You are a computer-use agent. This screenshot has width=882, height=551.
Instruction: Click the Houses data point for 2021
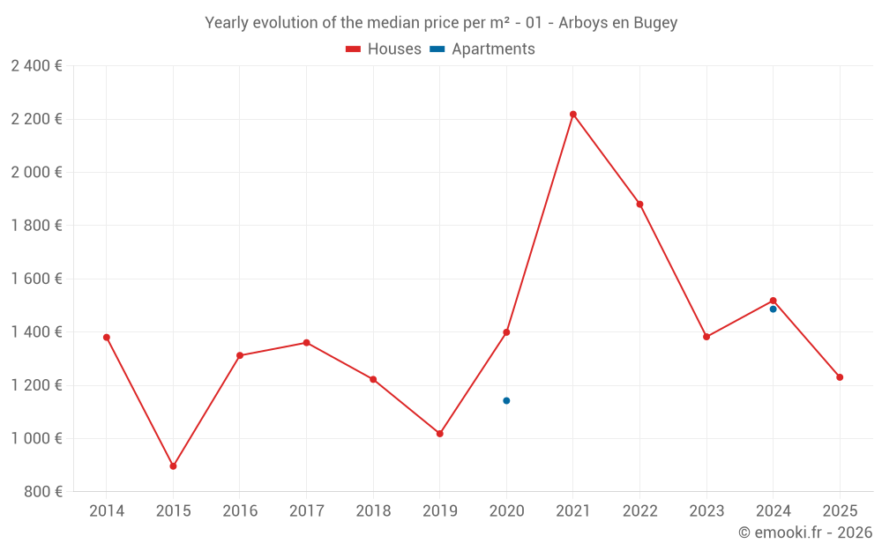(573, 115)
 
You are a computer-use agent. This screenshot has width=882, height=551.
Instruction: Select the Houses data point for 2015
(173, 466)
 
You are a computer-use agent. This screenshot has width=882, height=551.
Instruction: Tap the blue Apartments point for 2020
(506, 401)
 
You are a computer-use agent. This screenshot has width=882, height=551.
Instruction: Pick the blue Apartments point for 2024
(774, 309)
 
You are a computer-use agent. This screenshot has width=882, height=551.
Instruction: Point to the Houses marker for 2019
(440, 434)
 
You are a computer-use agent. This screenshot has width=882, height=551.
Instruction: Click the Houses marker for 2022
(639, 205)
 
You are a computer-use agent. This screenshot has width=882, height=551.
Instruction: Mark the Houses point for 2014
(107, 338)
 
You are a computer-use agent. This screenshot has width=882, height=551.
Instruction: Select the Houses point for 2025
(840, 377)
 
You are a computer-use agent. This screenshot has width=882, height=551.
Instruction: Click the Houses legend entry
(384, 49)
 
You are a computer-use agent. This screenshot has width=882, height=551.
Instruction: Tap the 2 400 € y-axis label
(36, 66)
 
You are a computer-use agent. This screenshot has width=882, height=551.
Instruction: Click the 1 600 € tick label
(36, 279)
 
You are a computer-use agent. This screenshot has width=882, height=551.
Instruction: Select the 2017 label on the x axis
(306, 511)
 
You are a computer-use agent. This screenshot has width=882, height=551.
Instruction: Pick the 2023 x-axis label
(706, 511)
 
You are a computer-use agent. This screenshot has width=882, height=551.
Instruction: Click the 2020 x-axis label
(506, 511)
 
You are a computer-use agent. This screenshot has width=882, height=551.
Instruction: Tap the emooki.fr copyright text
(805, 532)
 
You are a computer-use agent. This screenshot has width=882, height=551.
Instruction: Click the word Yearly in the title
(227, 23)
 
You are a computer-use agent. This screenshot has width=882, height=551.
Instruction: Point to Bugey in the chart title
(655, 23)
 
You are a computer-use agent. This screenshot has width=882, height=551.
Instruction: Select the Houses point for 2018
(373, 380)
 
